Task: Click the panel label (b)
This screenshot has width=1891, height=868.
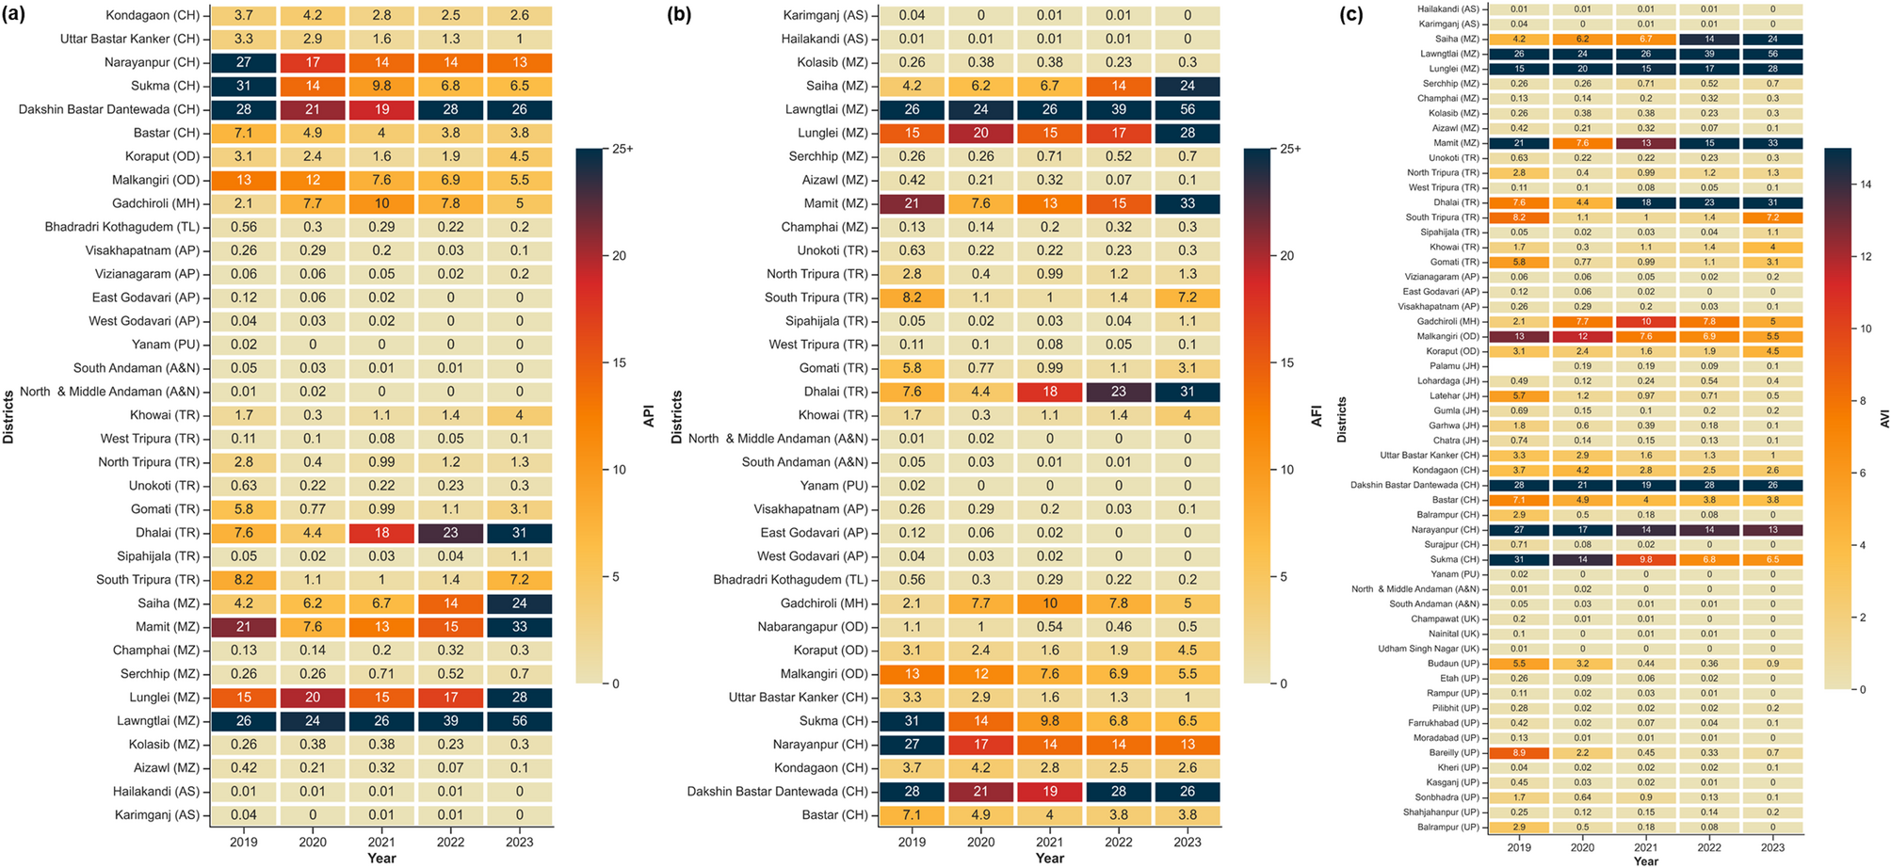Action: pos(682,15)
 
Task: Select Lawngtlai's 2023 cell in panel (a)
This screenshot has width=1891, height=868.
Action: pos(519,721)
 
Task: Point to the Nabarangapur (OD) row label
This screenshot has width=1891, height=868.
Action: pos(813,627)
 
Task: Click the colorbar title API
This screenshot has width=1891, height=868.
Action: pos(648,416)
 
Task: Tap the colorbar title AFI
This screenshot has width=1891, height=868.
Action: pos(1317,416)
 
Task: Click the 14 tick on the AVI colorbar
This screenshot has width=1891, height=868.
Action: pos(1866,185)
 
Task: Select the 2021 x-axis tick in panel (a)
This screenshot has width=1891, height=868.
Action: pos(381,842)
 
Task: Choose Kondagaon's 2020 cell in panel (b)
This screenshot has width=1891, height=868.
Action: pos(980,768)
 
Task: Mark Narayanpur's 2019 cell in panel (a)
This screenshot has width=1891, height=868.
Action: pos(244,62)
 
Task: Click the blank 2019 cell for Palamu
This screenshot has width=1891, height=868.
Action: pos(1518,366)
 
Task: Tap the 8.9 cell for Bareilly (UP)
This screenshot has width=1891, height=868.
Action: pos(1518,753)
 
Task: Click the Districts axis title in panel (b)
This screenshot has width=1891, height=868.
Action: pos(676,416)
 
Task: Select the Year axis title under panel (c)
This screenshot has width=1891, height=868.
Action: pos(1645,860)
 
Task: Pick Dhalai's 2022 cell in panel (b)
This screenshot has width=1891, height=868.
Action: pos(1118,392)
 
